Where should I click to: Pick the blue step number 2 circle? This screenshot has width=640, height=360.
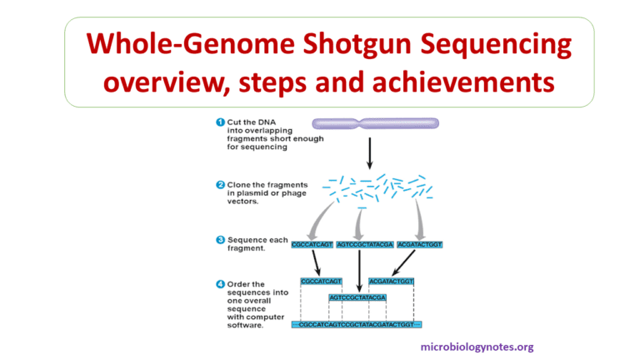pyautogui.click(x=220, y=184)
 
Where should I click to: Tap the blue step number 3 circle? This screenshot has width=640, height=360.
pyautogui.click(x=220, y=240)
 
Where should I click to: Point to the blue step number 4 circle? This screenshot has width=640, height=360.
pyautogui.click(x=220, y=284)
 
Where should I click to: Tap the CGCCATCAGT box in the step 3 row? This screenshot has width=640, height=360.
pyautogui.click(x=312, y=244)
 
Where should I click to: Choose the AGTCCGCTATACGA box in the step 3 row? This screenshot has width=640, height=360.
pyautogui.click(x=362, y=244)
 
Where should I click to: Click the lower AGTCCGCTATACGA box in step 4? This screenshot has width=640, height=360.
pyautogui.click(x=357, y=297)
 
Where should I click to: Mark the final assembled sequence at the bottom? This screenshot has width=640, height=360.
pyautogui.click(x=357, y=323)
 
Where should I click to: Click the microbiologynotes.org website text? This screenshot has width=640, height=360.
pyautogui.click(x=477, y=347)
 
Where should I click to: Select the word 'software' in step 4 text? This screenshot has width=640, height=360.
pyautogui.click(x=246, y=325)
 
